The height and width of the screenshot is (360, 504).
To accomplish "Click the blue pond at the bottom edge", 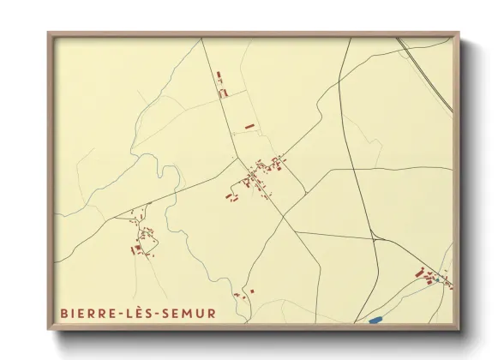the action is [x=375, y=321].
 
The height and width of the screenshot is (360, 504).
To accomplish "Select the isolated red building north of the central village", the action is [x=249, y=126].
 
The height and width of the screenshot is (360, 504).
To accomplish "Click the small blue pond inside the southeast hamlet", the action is [x=435, y=279].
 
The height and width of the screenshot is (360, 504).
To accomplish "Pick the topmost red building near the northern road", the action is [x=219, y=76].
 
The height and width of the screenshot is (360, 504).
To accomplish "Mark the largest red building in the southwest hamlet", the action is [x=135, y=249].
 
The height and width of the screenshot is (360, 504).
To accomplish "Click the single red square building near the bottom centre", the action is [x=252, y=291].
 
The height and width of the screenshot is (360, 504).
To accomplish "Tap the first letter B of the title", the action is [x=64, y=314].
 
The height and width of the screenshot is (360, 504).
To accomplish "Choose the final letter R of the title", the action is [x=212, y=314].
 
